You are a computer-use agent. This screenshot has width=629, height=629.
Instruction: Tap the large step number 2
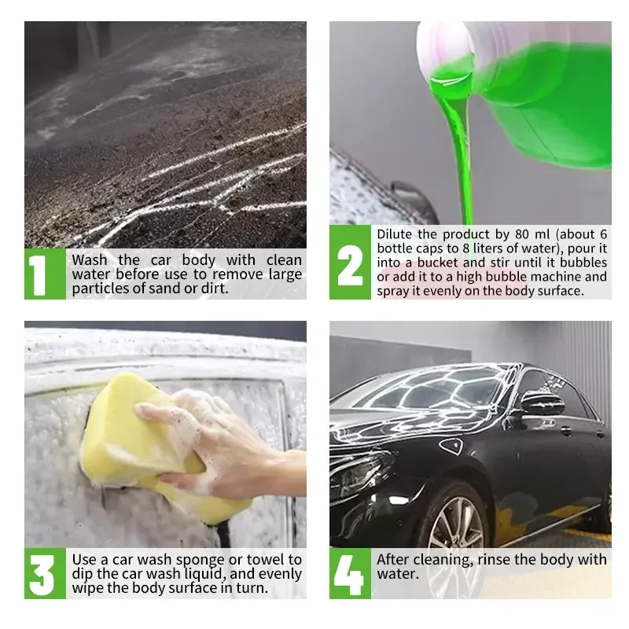350,265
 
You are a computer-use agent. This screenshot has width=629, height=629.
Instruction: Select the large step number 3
42,575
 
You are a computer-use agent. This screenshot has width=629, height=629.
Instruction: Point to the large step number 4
348,575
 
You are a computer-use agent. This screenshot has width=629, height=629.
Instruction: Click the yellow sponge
156,445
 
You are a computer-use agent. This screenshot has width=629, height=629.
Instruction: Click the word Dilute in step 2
395,234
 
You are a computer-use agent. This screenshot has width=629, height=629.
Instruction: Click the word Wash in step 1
90,260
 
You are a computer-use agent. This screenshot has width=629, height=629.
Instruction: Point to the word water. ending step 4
398,574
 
